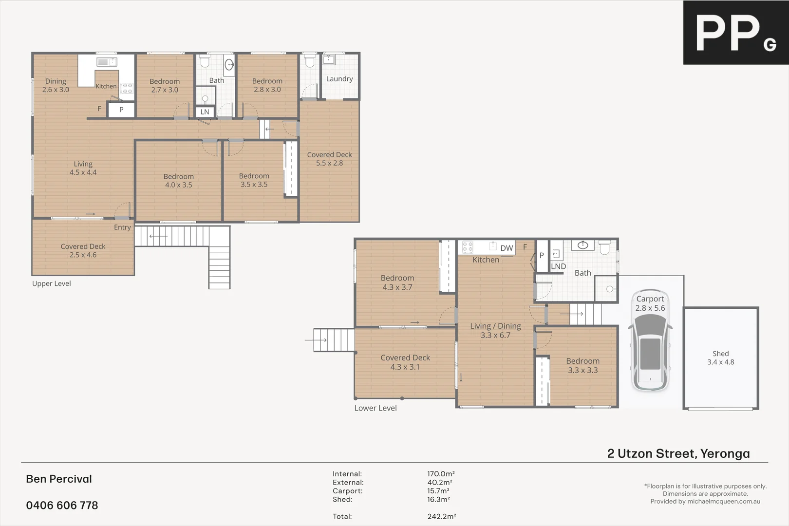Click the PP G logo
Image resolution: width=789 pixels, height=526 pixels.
coord(735,33)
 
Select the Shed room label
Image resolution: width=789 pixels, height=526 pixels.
coord(720,357)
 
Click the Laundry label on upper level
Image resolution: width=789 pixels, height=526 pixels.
coord(339,79)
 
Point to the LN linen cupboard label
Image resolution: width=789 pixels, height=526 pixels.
coord(205,112)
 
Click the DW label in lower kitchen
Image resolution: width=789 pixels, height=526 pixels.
coord(507,248)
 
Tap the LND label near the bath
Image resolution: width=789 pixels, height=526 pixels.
coord(558,266)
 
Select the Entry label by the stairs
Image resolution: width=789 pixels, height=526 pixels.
coord(122,227)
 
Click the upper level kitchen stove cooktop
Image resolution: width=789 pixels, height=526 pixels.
coord(127,88)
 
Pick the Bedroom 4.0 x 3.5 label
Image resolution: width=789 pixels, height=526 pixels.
coord(179,181)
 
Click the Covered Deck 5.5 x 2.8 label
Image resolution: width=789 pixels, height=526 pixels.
coord(329,159)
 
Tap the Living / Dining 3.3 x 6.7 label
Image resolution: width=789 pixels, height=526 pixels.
coord(495,330)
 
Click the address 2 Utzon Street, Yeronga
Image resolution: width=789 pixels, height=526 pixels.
coord(678,453)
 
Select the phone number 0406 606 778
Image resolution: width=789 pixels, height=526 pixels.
coord(62,506)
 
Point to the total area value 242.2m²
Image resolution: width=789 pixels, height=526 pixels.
coord(442,516)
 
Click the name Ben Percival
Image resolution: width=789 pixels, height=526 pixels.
coord(59,479)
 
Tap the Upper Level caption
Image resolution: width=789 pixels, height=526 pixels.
coord(52,283)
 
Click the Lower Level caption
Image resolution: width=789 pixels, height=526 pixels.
coord(376,408)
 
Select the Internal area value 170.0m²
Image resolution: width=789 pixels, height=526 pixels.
coord(441,474)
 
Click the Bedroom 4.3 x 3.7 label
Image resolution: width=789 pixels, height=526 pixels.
coord(397,282)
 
